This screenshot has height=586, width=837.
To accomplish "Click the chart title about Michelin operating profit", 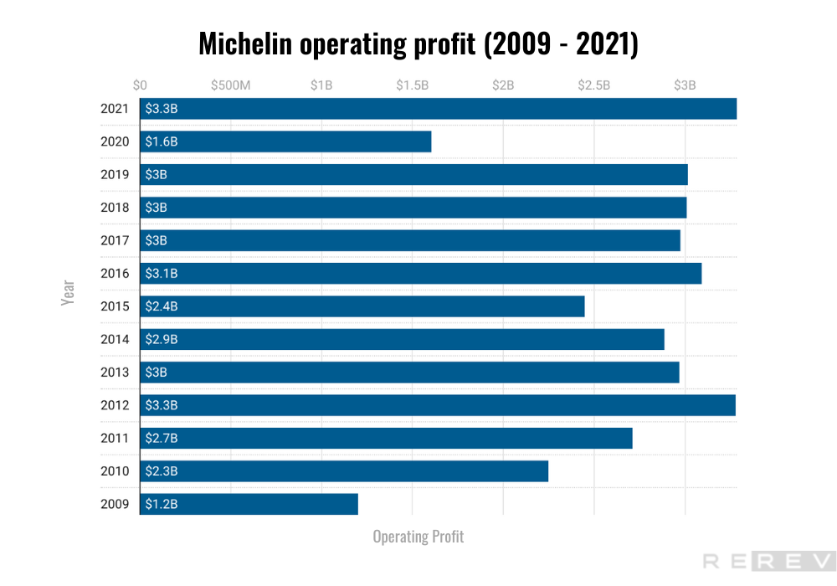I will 418,44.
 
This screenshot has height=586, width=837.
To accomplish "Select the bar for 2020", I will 285,141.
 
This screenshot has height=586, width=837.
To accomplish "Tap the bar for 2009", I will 249,504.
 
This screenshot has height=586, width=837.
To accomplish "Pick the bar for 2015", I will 362,306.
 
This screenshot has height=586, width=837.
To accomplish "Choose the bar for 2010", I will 344,471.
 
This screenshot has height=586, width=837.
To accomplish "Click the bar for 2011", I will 386,438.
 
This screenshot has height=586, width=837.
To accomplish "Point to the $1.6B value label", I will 162,141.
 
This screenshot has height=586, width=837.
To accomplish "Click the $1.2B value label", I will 162,504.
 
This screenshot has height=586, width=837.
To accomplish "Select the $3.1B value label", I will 162,273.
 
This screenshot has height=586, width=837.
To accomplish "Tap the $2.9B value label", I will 162,339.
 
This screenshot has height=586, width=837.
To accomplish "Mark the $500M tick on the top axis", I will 230,85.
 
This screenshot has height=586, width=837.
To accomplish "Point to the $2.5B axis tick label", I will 593,85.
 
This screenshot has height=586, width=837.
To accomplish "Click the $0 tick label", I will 140,85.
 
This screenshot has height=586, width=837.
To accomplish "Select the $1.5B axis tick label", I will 412,85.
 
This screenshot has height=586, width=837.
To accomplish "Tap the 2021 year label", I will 115,109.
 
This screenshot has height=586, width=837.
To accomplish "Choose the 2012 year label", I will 115,405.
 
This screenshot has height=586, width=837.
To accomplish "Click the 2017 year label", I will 115,240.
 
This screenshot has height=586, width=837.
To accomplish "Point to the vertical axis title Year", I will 69,292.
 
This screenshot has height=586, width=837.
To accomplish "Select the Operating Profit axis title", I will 418,537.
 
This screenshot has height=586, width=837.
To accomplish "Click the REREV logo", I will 768,562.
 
